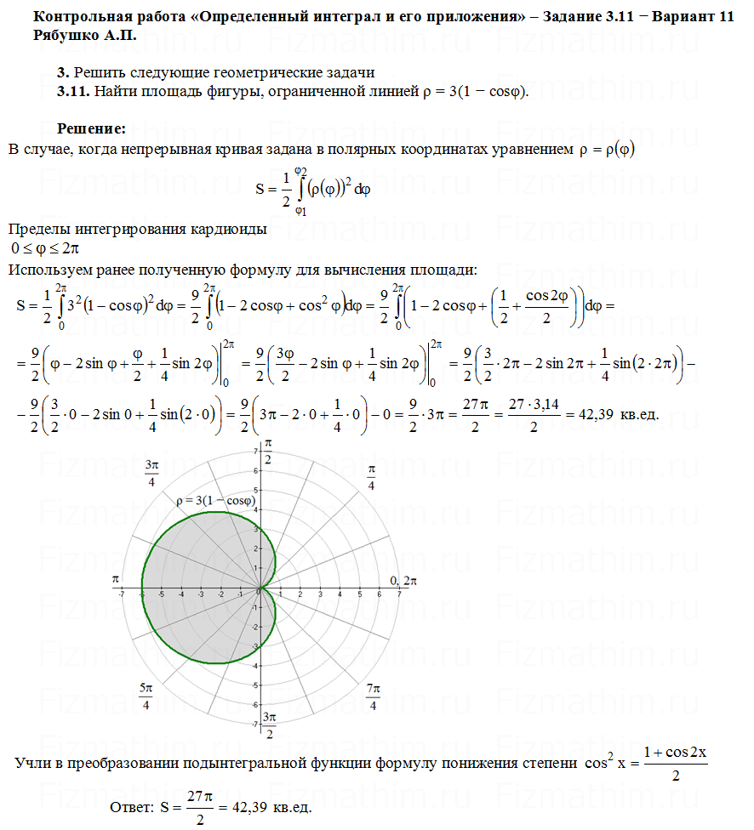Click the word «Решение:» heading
tap(91, 128)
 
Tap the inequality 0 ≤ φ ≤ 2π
tap(45, 248)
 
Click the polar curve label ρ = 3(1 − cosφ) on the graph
tap(216, 502)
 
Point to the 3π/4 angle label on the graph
tap(151, 473)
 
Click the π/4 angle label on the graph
tap(372, 477)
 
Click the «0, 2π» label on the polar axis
tap(404, 580)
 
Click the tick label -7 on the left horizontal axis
tap(123, 594)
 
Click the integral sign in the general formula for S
tap(300, 189)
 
